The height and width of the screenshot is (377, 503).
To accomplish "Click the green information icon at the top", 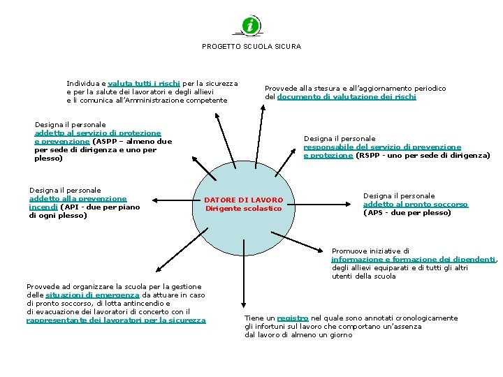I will point(251,26).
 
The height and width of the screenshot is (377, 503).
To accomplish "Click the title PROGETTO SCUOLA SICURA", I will point(251,47).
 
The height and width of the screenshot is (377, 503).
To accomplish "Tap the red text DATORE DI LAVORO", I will point(243,200).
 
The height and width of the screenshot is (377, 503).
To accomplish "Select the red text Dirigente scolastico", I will point(243,208).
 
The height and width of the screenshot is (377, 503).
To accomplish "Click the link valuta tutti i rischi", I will point(144,83).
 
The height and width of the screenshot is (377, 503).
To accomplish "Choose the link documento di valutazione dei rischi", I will point(347,97).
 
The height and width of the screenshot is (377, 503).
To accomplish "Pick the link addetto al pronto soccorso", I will point(415,204).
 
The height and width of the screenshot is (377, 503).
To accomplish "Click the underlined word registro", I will point(292,318).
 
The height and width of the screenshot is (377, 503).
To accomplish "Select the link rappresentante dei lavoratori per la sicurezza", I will point(116,320).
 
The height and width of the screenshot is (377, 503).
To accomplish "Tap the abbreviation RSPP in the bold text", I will point(371,156).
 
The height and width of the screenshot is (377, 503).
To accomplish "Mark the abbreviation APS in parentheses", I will point(375,212).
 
